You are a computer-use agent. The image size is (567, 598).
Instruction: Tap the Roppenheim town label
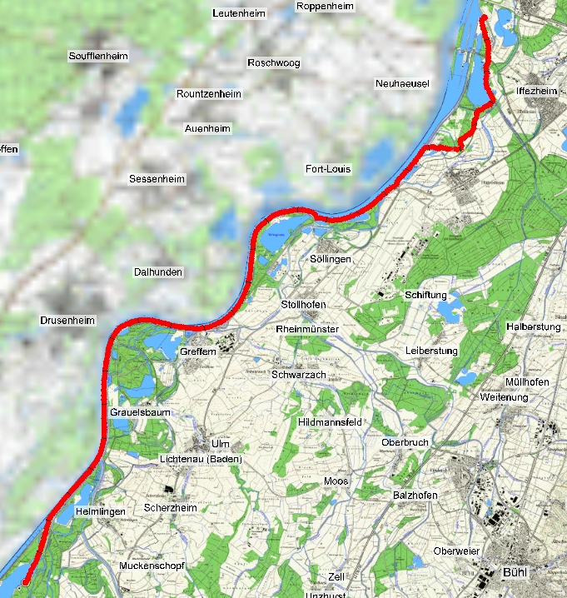325,7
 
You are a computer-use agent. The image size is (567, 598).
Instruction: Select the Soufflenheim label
101,56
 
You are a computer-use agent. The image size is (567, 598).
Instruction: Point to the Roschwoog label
273,63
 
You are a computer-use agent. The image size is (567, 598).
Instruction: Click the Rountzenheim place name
209,94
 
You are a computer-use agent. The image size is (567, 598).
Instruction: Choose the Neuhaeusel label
401,84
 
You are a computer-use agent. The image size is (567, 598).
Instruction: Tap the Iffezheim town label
535,91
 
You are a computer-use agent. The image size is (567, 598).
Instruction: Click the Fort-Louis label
328,169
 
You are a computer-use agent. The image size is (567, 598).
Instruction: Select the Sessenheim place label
157,179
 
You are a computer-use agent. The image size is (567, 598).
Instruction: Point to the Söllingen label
331,260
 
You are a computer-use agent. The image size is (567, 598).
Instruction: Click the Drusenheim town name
67,321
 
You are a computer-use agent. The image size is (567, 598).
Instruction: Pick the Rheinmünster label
307,330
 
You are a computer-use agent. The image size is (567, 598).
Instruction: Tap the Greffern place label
198,352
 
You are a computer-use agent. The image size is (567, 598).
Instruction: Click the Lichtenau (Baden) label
201,460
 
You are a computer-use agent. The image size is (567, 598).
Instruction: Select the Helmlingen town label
100,511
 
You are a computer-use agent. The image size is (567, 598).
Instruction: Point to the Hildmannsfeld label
329,423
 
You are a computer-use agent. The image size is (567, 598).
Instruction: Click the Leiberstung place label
431,351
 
